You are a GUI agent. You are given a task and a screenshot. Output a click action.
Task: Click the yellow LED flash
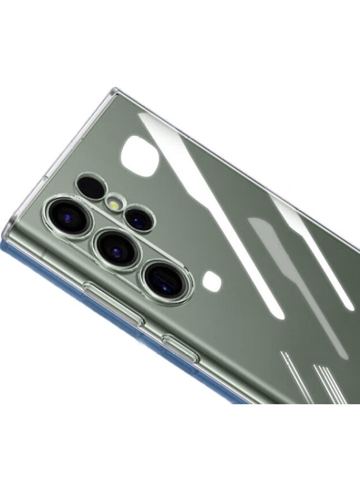tap(114, 202)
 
